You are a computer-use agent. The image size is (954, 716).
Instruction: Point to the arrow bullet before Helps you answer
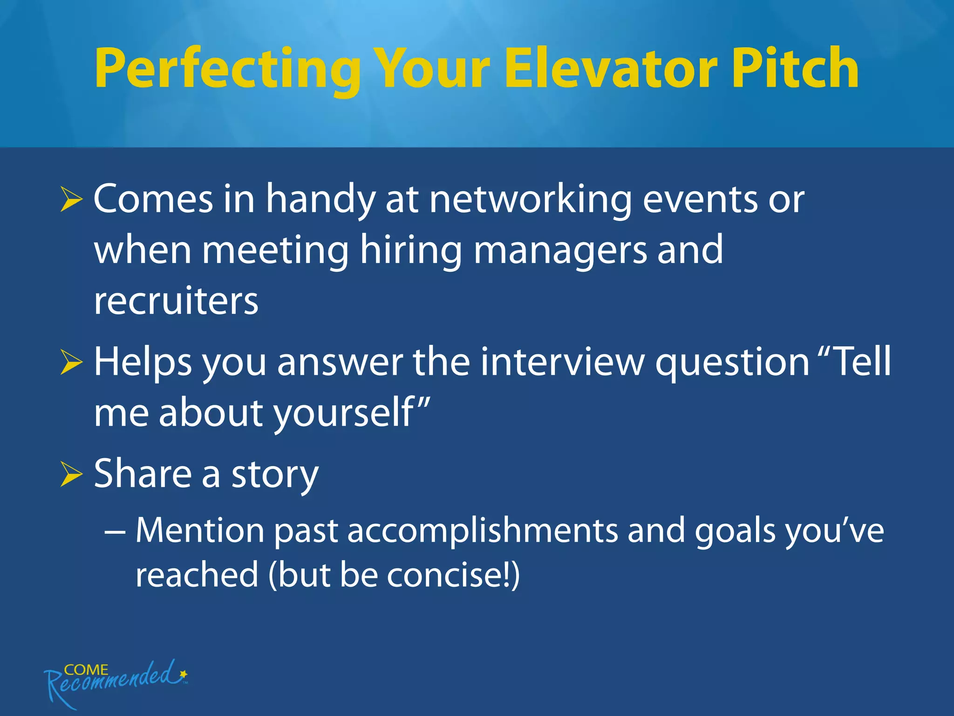click(x=71, y=363)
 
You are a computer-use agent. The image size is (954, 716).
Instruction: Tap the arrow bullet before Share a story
click(x=71, y=475)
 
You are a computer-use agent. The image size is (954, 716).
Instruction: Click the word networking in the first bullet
click(x=530, y=200)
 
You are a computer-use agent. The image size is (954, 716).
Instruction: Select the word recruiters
click(x=176, y=302)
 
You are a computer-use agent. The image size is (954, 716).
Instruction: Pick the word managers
click(x=560, y=252)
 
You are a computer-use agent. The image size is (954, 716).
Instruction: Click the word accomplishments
click(x=483, y=531)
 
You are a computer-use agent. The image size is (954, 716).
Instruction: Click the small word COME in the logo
click(x=86, y=670)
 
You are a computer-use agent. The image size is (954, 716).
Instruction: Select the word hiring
click(x=410, y=252)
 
